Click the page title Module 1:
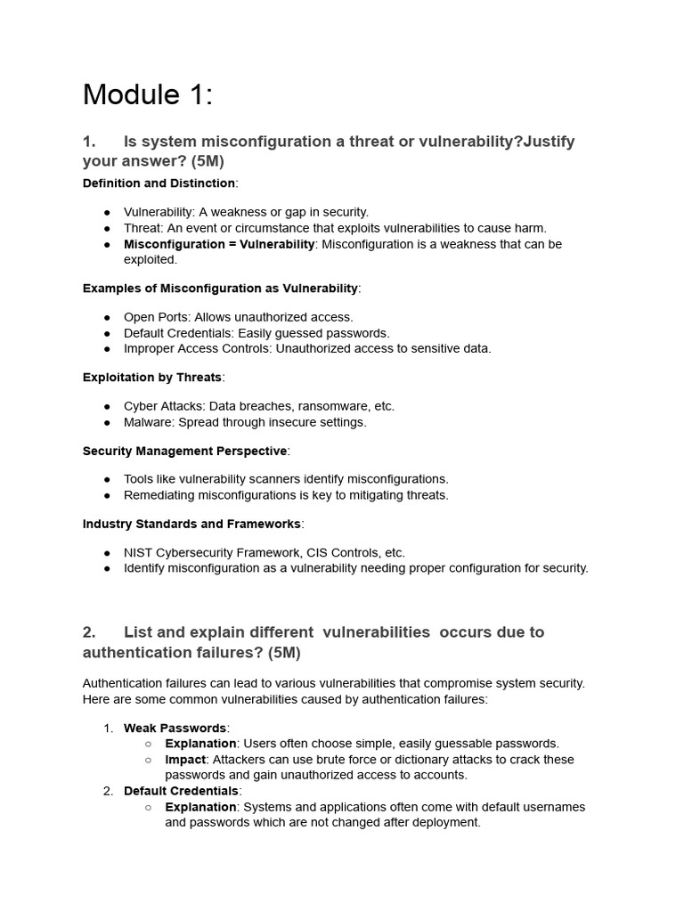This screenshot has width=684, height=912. (x=148, y=94)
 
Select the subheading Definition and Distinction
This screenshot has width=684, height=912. (x=159, y=183)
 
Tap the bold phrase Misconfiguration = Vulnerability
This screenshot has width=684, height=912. (x=218, y=244)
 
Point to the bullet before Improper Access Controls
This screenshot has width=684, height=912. (x=107, y=349)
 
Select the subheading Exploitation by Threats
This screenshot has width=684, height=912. (x=151, y=377)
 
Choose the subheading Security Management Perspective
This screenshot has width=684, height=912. (x=184, y=451)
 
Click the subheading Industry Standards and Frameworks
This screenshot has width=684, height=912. (x=191, y=524)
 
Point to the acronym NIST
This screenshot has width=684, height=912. (x=139, y=552)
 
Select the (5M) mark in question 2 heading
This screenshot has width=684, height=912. (x=281, y=653)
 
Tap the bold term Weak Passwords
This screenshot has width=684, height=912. (x=175, y=728)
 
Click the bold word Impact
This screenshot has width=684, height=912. (x=185, y=760)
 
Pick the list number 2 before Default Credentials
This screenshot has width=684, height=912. (x=108, y=791)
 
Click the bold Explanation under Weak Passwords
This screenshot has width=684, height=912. (x=200, y=744)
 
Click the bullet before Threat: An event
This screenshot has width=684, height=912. (x=107, y=228)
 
